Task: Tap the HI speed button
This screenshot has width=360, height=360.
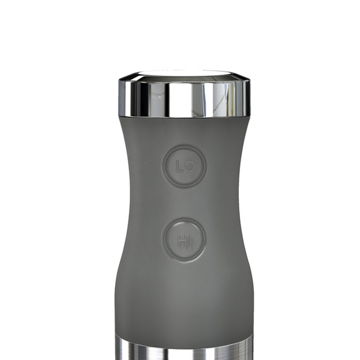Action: point(184,240)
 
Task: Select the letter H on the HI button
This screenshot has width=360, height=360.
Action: point(181,242)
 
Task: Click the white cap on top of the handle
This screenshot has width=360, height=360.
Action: point(184,72)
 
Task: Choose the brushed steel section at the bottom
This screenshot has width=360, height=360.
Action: point(184,351)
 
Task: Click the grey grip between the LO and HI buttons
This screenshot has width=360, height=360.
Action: point(184,202)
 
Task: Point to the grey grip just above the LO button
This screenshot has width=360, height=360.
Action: point(184,133)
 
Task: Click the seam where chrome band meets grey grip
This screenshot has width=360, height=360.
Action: point(184,117)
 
